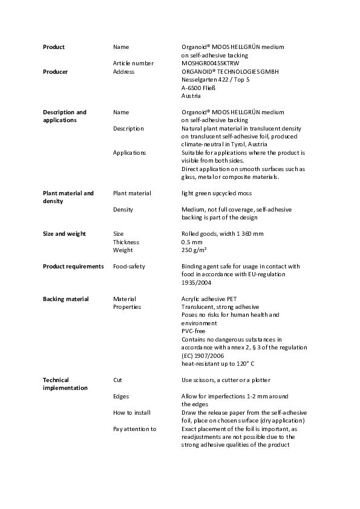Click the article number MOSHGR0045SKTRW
click(209, 63)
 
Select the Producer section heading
click(55, 71)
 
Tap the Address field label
click(123, 71)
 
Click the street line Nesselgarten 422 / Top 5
click(215, 79)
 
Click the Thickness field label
click(126, 242)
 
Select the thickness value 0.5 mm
click(192, 242)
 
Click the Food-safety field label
click(129, 266)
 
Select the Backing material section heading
click(65, 299)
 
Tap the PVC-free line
click(194, 331)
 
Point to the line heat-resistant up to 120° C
click(218, 363)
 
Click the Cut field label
click(118, 380)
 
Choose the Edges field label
click(121, 396)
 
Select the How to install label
click(132, 412)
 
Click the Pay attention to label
click(135, 429)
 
